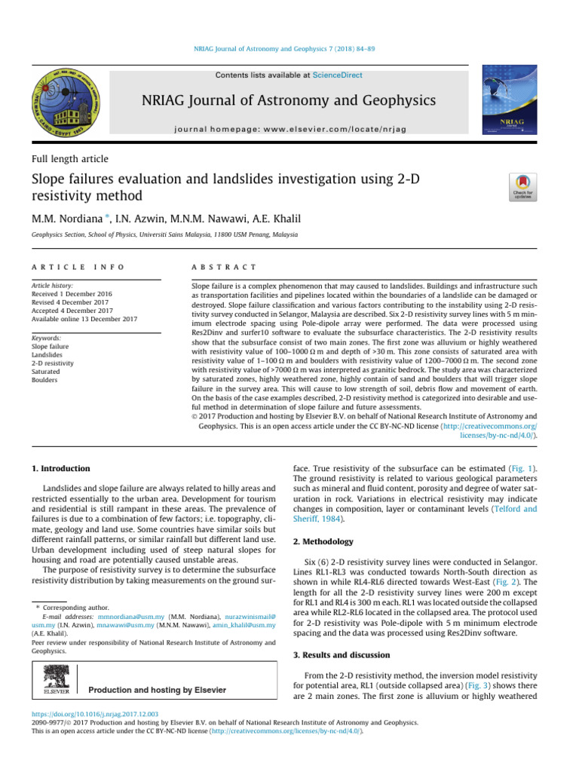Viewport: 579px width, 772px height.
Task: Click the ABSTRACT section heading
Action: (225, 268)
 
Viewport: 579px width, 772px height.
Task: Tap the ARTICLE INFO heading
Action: (76, 268)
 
